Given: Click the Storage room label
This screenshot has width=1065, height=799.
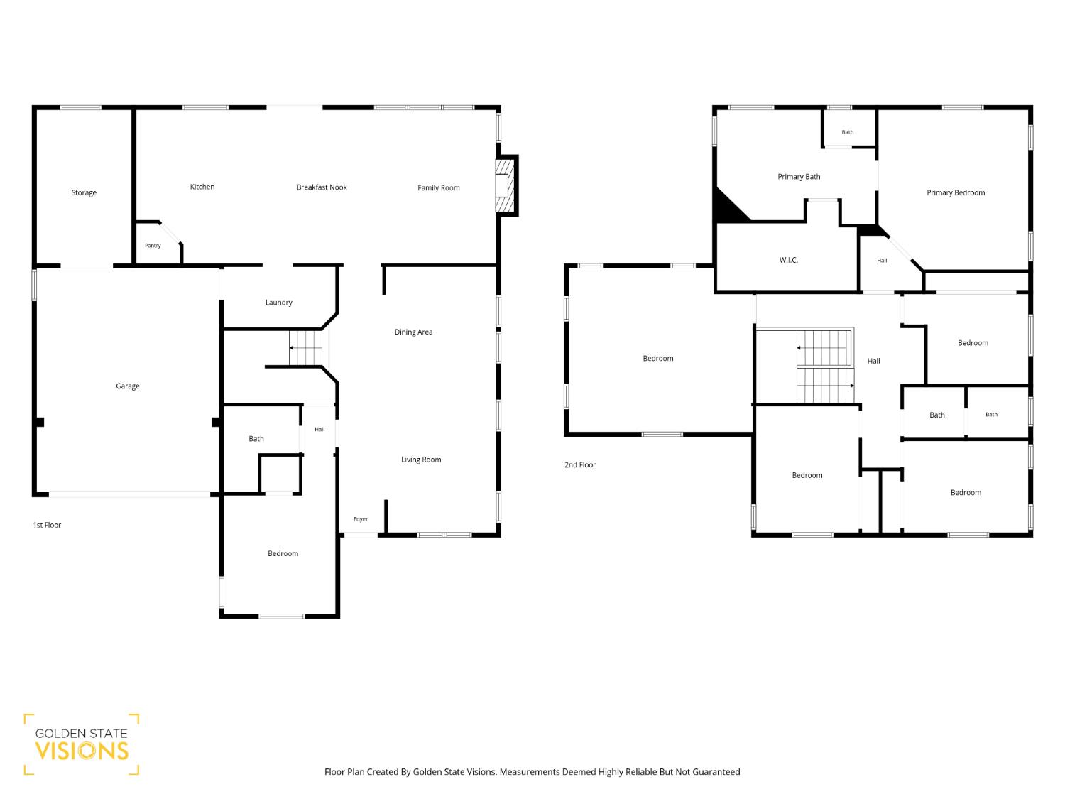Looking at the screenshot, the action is [84, 192].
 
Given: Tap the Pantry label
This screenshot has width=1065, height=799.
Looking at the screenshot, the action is [153, 246].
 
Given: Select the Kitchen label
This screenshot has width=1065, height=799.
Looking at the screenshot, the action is [202, 187].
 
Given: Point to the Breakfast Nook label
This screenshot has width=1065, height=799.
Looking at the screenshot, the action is [322, 187].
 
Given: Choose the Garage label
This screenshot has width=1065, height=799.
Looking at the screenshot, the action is [128, 386].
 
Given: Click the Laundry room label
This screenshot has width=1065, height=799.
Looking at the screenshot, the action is [279, 303].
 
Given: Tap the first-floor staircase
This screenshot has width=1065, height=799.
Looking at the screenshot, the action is [306, 348].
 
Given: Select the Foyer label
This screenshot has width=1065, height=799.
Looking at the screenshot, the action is [361, 519].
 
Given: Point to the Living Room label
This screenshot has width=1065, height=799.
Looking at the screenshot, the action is [421, 460].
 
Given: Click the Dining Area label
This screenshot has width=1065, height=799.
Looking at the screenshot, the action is [413, 332].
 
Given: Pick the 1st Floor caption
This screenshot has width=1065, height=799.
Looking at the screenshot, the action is [47, 525].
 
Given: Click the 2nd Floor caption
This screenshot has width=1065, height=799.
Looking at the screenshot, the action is [580, 464].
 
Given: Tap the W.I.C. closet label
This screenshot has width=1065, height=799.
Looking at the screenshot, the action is [788, 261].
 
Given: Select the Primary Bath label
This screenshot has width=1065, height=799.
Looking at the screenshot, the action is [799, 177].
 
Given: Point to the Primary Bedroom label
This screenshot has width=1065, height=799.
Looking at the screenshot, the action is [956, 193].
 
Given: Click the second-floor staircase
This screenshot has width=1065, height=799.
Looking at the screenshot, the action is [825, 366].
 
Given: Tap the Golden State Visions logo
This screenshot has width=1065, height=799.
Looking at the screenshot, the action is [82, 744].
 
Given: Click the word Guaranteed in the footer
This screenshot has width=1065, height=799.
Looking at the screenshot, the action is [716, 772].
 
